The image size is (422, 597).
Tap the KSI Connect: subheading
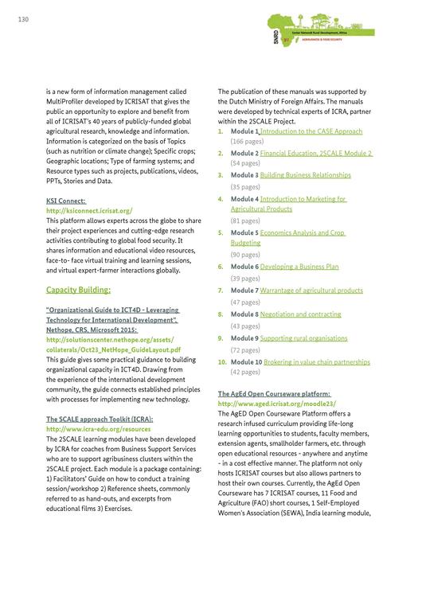[66, 201]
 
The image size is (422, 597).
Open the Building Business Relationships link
[305, 174]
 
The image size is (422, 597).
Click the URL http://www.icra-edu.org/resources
[97, 429]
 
